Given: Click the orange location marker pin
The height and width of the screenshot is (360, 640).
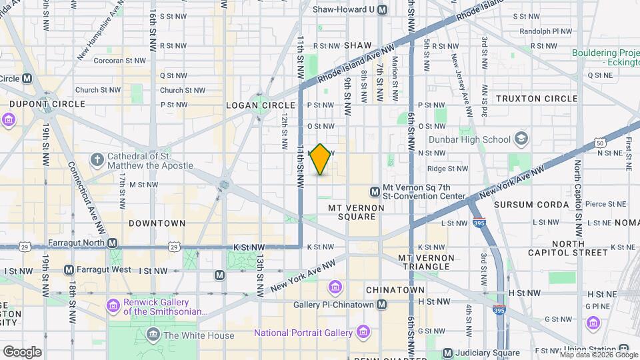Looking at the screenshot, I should (321, 159).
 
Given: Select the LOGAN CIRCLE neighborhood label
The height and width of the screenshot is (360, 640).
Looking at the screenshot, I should (260, 105).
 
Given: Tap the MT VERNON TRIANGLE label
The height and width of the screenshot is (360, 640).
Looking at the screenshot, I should (424, 261).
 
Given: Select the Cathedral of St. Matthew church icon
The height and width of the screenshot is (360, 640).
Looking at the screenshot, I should (97, 160).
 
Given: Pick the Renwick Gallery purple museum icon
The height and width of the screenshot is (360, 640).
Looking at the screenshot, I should (113, 305).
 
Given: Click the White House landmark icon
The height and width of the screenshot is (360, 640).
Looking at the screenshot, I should (154, 333).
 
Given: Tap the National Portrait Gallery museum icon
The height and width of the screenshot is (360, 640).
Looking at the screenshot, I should (363, 331).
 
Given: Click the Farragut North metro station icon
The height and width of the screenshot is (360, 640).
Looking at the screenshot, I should (113, 243).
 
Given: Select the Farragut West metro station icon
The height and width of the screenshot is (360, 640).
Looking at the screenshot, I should (69, 270).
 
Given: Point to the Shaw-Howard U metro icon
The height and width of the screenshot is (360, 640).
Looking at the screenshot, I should (382, 9).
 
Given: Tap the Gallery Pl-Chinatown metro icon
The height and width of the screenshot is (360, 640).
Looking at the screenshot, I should (381, 305).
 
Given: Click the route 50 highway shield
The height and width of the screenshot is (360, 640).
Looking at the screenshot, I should (600, 143).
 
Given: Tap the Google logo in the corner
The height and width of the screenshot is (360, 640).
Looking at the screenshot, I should (22, 351).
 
